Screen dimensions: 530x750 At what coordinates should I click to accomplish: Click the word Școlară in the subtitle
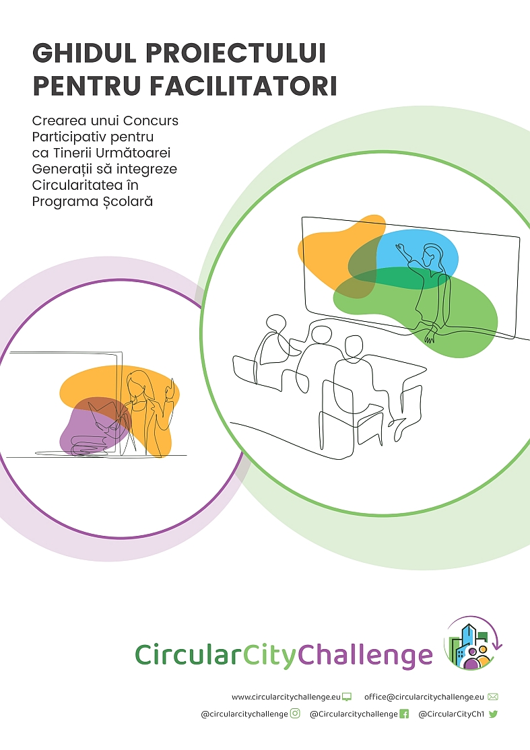coord(127,202)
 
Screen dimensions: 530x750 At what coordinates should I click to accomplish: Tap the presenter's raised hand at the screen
coord(401,250)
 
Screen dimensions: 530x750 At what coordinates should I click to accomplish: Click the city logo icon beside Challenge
coord(473,642)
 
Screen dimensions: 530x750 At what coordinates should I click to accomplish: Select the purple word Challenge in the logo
coord(366,656)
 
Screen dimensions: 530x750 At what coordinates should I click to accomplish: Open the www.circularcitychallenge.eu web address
coord(286,697)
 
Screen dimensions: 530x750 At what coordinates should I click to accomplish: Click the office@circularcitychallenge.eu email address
coord(424,697)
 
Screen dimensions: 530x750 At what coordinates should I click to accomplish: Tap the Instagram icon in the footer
coord(296,714)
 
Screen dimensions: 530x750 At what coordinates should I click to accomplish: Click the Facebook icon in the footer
coord(404,714)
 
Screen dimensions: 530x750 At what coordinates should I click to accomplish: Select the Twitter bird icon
coord(493,714)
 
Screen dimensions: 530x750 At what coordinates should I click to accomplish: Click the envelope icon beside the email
coord(493,697)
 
